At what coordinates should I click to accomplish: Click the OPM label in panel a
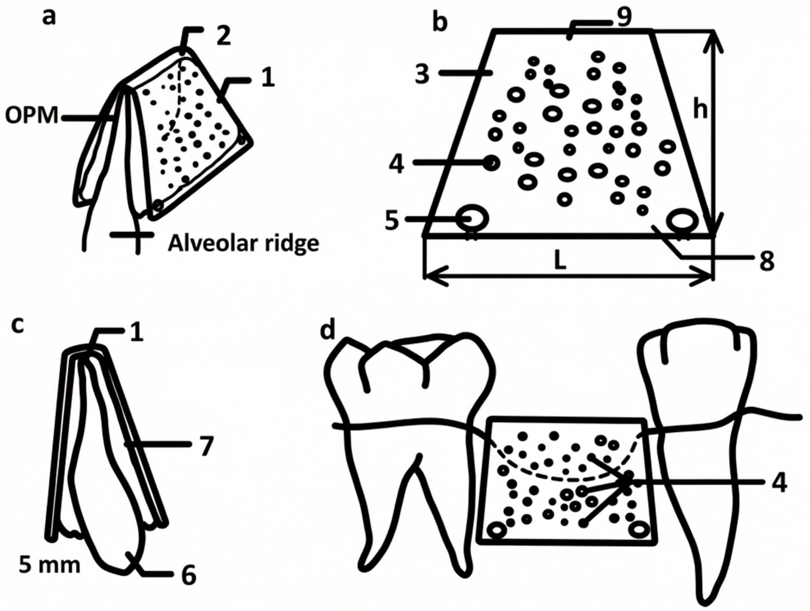(x=32, y=117)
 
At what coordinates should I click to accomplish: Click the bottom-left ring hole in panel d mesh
(x=498, y=530)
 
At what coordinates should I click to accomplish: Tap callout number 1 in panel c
(x=136, y=334)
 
